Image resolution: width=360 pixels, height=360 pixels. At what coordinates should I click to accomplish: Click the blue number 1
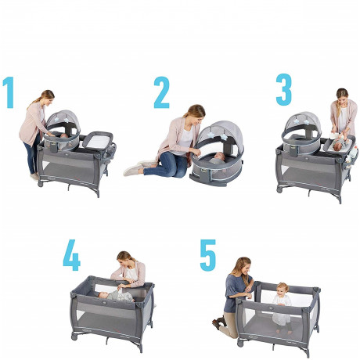[9, 92]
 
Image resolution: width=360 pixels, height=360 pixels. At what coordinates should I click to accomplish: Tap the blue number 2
[162, 92]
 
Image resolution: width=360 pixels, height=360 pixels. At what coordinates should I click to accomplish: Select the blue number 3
[284, 90]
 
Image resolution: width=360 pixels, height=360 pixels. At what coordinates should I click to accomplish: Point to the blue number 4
[71, 255]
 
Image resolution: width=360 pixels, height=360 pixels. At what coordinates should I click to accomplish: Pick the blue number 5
[208, 255]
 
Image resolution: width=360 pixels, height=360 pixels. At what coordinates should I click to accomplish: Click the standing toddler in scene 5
[282, 308]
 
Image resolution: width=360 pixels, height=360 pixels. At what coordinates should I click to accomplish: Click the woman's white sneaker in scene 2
[133, 170]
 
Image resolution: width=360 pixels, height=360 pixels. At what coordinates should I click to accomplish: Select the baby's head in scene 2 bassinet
[219, 157]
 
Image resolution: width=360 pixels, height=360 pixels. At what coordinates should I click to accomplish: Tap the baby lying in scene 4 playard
[115, 297]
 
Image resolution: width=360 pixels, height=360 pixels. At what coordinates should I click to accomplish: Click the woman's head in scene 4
[124, 259]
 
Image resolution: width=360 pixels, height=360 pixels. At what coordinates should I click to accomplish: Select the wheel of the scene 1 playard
[40, 184]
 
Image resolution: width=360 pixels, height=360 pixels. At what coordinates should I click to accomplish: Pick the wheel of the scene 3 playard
[279, 190]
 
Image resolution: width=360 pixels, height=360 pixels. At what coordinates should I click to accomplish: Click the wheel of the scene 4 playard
[74, 337]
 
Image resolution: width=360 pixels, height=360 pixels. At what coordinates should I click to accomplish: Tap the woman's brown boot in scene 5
[218, 322]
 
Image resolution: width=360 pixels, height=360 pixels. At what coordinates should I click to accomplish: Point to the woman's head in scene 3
[342, 96]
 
